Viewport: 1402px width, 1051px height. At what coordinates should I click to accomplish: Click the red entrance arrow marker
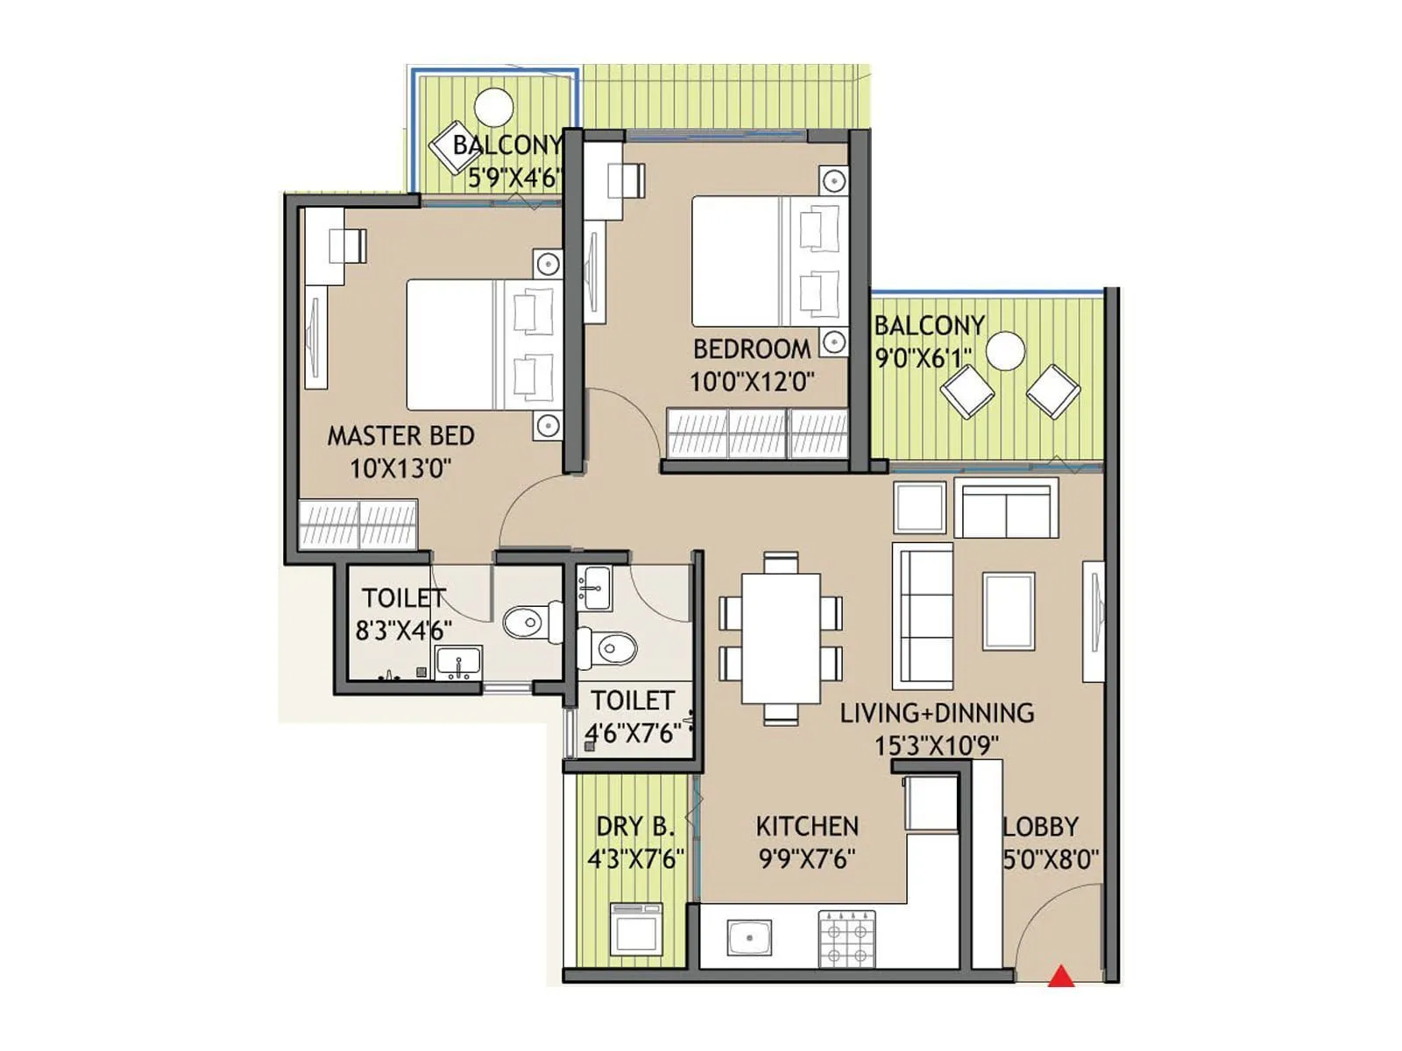[1061, 976]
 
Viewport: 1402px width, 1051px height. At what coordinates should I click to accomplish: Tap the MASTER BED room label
[400, 435]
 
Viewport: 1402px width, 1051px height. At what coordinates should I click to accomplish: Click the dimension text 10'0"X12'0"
[752, 382]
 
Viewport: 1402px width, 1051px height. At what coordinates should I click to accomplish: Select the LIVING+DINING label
[936, 713]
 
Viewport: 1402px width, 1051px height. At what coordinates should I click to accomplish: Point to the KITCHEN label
[806, 826]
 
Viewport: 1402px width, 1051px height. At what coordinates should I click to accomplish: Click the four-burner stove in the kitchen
[846, 938]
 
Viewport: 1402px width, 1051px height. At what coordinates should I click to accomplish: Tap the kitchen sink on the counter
[749, 937]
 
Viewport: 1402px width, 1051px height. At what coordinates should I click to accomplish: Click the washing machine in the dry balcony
[636, 928]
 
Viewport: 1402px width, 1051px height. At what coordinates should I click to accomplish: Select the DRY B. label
[635, 826]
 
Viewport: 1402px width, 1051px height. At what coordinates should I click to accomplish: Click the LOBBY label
[1040, 826]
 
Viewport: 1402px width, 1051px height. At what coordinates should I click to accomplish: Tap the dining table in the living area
[781, 638]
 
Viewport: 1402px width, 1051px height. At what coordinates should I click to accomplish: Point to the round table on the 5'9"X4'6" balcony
[493, 109]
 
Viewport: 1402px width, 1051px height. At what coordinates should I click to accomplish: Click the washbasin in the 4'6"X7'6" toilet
[595, 588]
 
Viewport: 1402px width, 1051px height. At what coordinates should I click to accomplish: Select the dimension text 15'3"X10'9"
[936, 746]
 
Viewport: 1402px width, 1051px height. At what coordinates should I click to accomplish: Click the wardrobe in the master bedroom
[358, 524]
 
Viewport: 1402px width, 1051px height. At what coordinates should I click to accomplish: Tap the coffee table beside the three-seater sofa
[1009, 610]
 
